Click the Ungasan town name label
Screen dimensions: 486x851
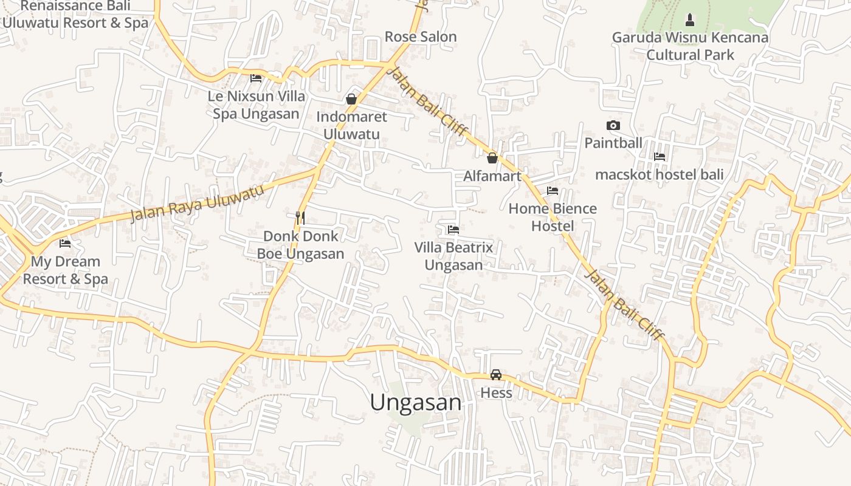(416, 402)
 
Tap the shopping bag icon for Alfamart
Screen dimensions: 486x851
(492, 158)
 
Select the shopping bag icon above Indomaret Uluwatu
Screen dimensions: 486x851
(351, 98)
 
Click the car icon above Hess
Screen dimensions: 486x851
(496, 375)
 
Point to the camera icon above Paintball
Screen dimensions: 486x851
(613, 126)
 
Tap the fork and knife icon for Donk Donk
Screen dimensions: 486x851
(300, 217)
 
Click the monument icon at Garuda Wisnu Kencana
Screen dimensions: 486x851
(689, 20)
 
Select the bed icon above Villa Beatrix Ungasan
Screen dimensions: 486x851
(453, 230)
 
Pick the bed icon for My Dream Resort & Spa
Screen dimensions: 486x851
(65, 244)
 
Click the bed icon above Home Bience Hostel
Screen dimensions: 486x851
(553, 191)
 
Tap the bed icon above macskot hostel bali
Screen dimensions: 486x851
(660, 157)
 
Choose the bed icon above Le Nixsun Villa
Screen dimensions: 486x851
(256, 78)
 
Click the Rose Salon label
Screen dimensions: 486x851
(421, 37)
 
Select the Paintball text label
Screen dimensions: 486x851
(613, 143)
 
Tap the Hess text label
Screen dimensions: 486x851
(496, 393)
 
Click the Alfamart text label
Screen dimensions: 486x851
(492, 176)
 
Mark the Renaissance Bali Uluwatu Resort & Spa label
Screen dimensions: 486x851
(75, 15)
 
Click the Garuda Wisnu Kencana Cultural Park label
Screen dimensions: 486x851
(690, 46)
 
